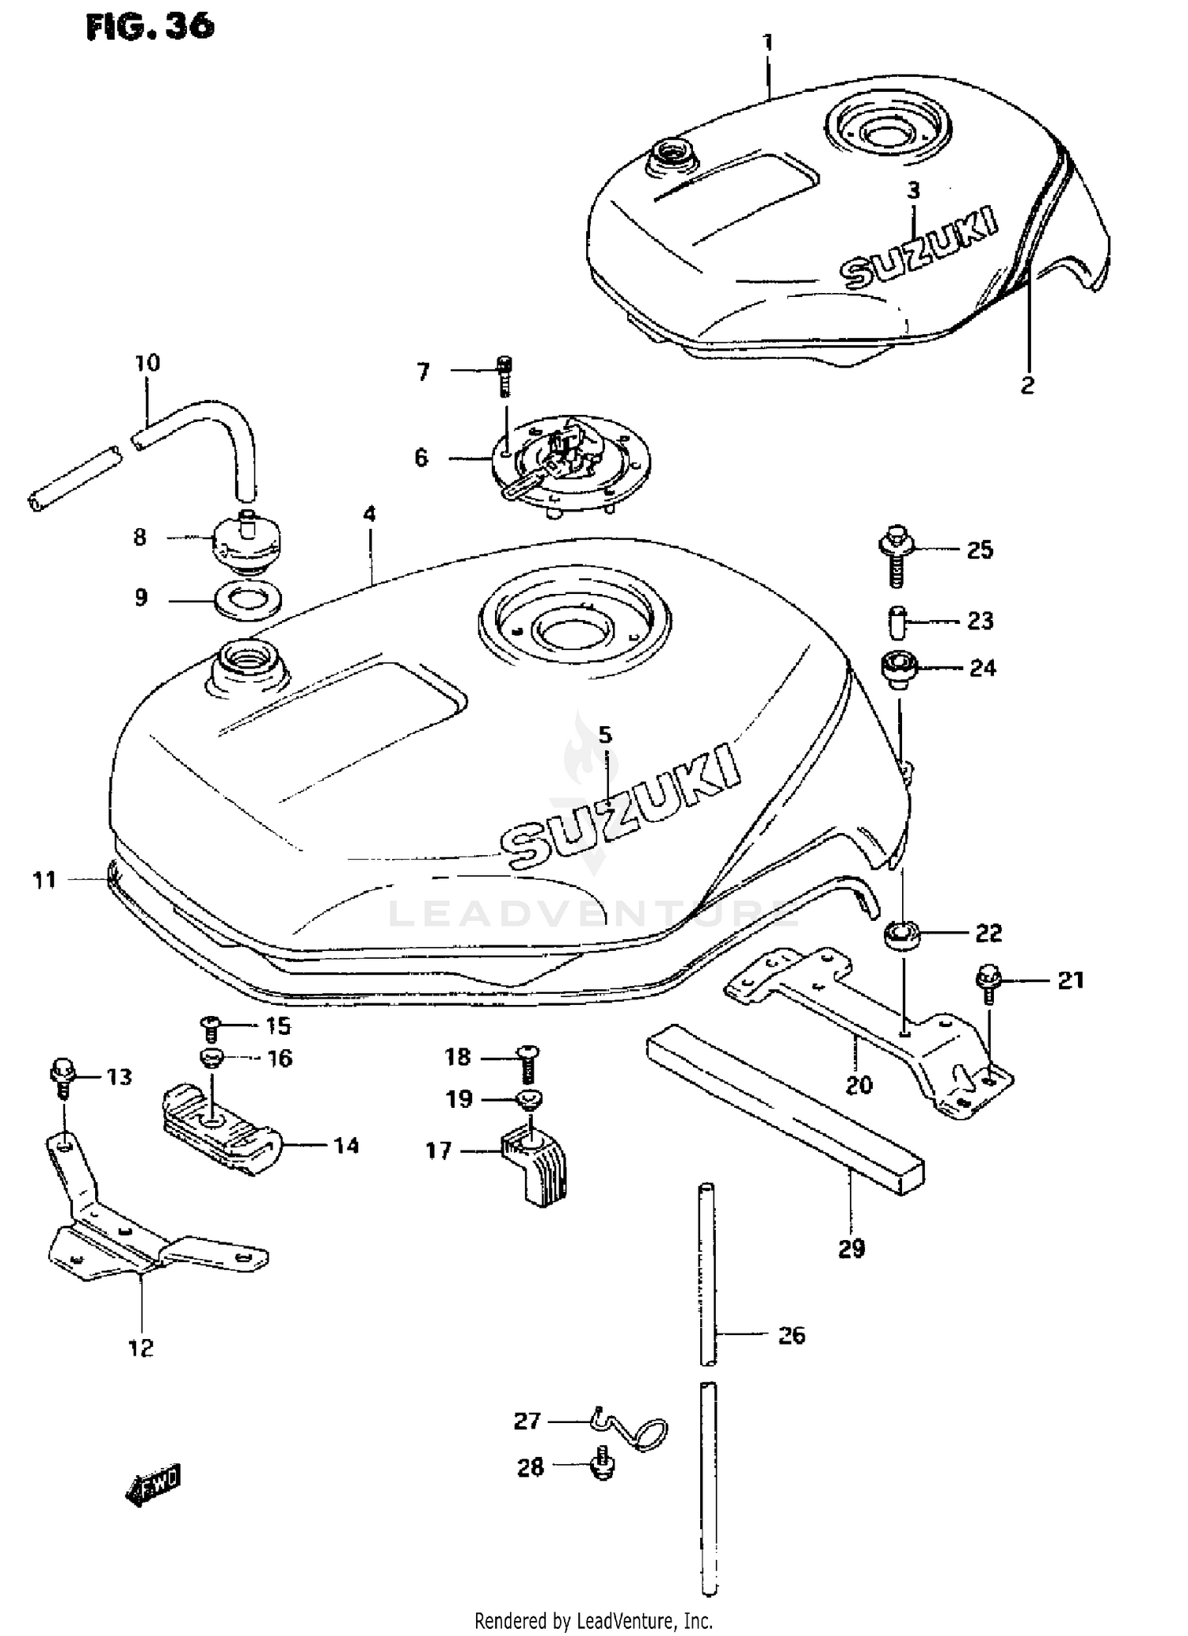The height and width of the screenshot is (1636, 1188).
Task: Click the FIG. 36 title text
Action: tap(150, 28)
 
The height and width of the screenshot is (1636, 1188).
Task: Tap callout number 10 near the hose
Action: tap(147, 363)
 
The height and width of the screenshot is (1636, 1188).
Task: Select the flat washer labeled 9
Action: tap(248, 599)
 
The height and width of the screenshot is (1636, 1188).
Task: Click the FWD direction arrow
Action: tap(153, 1487)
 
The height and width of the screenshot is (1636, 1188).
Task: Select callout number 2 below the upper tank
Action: tap(1027, 386)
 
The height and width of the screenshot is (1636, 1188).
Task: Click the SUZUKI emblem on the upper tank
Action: tap(919, 248)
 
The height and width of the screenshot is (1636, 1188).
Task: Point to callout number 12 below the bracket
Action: tap(141, 1347)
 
